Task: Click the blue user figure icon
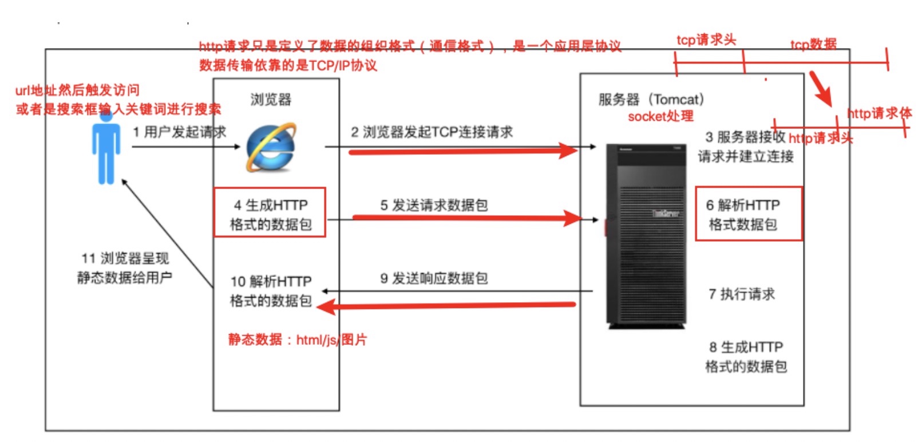pos(106,149)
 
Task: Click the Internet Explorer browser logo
pos(271,147)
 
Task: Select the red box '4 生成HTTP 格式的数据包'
pos(270,212)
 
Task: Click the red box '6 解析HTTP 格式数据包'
pos(748,214)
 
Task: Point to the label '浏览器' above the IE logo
pos(271,100)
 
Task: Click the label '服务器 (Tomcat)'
pos(651,100)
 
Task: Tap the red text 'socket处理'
pos(660,116)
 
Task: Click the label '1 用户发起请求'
pos(179,132)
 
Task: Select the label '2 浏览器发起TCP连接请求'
pos(432,132)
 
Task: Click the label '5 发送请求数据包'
pos(434,205)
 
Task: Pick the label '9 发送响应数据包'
pos(434,278)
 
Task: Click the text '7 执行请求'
pos(742,294)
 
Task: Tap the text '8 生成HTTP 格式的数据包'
pos(746,357)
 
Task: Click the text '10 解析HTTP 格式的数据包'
pos(271,291)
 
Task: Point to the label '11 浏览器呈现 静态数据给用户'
pos(125,268)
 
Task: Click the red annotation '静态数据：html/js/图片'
pos(297,340)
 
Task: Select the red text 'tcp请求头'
pos(706,40)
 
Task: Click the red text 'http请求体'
pos(879,113)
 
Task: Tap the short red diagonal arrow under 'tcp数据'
pos(822,89)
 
